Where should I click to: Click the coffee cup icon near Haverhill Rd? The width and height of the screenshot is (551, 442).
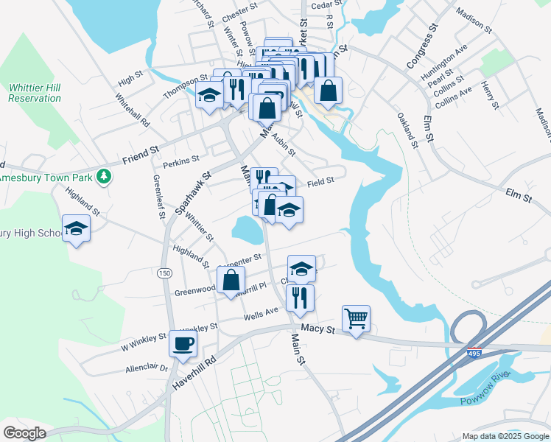[183, 343]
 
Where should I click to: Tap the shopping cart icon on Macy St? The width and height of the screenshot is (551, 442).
[356, 318]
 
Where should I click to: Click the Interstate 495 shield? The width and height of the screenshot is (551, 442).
[474, 354]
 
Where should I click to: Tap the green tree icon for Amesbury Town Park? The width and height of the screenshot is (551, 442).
[105, 176]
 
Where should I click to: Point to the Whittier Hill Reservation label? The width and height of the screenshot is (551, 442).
[35, 93]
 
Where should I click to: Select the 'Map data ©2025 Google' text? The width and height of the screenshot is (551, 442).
[505, 436]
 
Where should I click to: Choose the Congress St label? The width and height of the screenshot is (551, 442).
[421, 46]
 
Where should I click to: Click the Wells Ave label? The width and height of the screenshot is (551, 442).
[261, 315]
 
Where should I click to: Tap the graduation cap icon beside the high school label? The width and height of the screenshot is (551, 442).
[76, 228]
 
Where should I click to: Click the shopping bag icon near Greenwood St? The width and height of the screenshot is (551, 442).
[231, 280]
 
